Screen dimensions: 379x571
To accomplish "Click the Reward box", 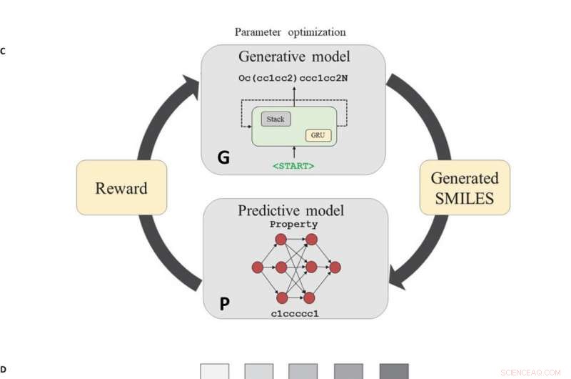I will click(121, 188).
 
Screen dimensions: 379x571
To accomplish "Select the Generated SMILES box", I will click(465, 188).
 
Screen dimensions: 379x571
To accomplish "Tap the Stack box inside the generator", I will click(276, 119).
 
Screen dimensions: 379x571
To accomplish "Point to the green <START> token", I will click(293, 166).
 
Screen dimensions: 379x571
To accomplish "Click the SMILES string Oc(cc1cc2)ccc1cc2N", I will click(293, 77).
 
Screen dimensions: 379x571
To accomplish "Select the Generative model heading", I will click(293, 56).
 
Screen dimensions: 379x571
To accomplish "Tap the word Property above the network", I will click(293, 225).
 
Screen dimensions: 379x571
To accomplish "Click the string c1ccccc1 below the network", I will click(294, 313).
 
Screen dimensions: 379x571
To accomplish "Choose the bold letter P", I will click(224, 304).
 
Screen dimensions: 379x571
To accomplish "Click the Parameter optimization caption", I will click(290, 32).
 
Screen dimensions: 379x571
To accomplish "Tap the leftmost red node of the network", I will click(258, 267).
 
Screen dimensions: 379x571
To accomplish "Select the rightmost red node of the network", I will click(335, 267).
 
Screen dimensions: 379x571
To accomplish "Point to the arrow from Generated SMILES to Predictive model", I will click(421, 257).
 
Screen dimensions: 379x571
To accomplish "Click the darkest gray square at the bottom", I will click(393, 371).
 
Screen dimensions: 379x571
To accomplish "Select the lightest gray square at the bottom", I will click(215, 371).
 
